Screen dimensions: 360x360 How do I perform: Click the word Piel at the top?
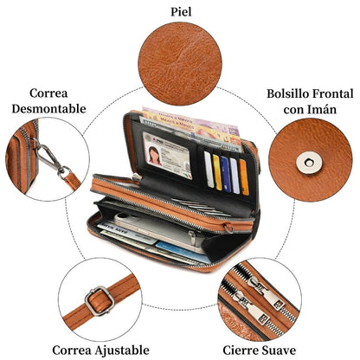click(181, 12)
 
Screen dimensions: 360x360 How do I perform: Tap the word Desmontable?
click(49, 109)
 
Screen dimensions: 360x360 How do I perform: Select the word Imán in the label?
click(324, 109)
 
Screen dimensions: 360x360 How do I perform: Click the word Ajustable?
click(122, 350)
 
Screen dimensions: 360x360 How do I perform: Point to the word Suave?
click(278, 350)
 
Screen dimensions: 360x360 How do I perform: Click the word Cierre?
click(241, 350)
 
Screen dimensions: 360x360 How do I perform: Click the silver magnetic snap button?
click(309, 163)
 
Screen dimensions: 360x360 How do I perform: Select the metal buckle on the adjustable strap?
click(100, 301)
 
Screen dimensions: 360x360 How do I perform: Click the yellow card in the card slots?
click(217, 172)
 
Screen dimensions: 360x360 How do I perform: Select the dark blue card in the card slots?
click(226, 175)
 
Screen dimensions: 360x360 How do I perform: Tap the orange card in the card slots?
click(244, 177)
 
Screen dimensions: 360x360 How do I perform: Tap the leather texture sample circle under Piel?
click(180, 64)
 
